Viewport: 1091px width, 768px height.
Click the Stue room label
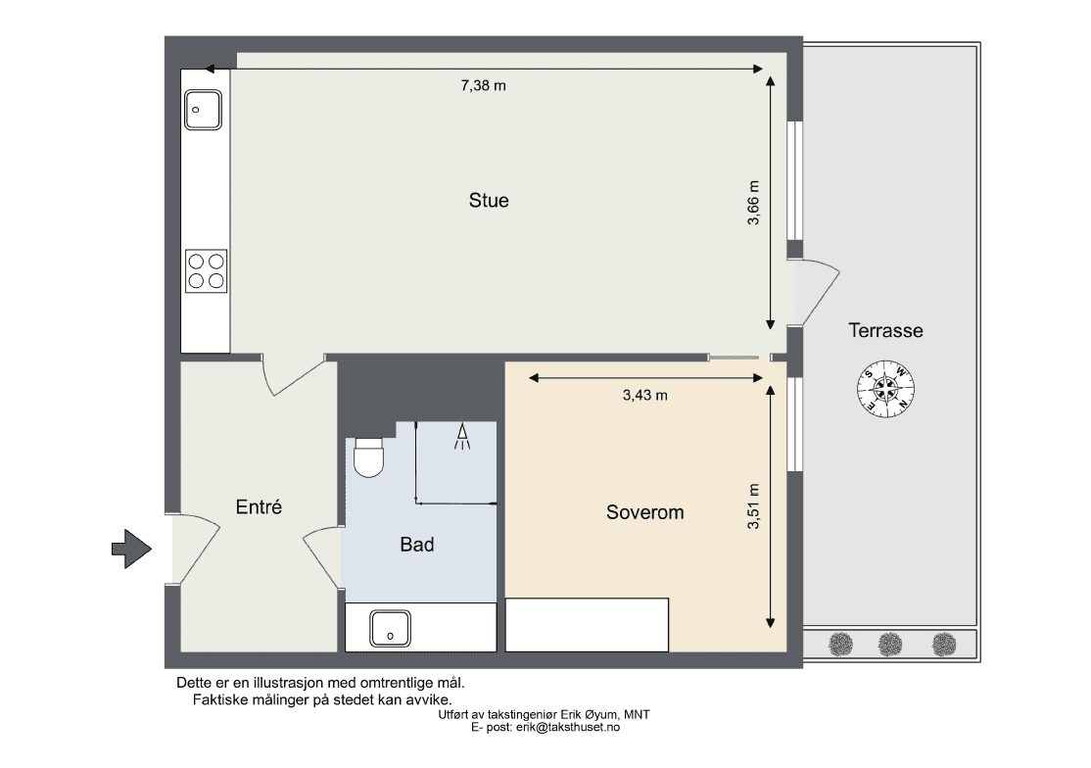coord(489,201)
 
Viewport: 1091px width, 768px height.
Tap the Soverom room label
coord(645,512)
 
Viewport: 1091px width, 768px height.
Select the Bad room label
coord(417,544)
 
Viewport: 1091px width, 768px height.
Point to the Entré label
coord(259,506)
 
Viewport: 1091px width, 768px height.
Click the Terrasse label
coord(885,330)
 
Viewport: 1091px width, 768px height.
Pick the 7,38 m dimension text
coord(484,85)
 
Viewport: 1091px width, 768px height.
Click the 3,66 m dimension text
coord(753,203)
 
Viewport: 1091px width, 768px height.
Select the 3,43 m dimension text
coord(645,395)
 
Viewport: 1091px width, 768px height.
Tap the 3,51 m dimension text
coord(753,506)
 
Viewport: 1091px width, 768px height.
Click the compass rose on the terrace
coord(885,389)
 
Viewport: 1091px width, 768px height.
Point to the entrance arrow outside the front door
coord(131,549)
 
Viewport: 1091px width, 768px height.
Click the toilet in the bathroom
coord(369,457)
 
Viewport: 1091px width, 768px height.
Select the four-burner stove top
coord(206,270)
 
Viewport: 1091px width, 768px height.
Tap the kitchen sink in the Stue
coord(203,110)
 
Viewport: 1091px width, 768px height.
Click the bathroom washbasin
coord(391,628)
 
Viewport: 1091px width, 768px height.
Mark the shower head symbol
coord(461,436)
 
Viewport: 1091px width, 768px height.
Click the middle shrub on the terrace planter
coord(890,645)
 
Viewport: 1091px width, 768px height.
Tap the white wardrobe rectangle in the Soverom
coord(587,625)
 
